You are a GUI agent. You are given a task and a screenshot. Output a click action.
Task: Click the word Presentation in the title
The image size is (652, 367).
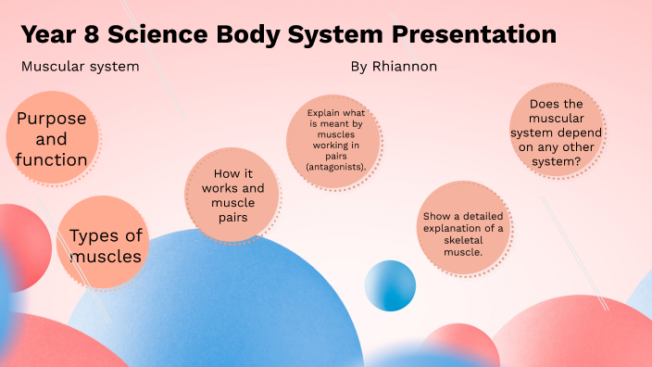(x=473, y=35)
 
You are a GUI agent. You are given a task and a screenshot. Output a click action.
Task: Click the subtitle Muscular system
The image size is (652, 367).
(x=80, y=68)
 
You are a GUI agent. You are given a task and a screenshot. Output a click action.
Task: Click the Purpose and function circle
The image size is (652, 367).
(x=52, y=139)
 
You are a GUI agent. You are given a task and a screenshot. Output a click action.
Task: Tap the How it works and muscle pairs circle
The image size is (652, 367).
(x=232, y=196)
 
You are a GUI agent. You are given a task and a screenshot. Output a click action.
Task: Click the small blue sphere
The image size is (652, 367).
(x=390, y=285)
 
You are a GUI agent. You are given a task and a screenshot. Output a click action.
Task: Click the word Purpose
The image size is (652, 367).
(x=52, y=119)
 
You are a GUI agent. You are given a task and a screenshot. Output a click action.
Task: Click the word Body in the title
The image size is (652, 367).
(x=260, y=35)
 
